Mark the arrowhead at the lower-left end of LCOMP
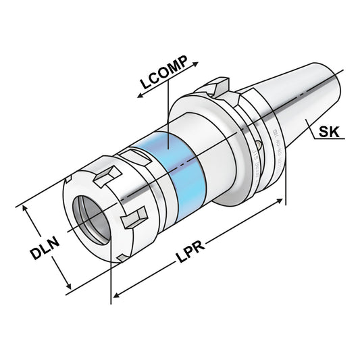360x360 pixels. coord(139,97)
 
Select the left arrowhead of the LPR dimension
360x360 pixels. coord(115,296)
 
